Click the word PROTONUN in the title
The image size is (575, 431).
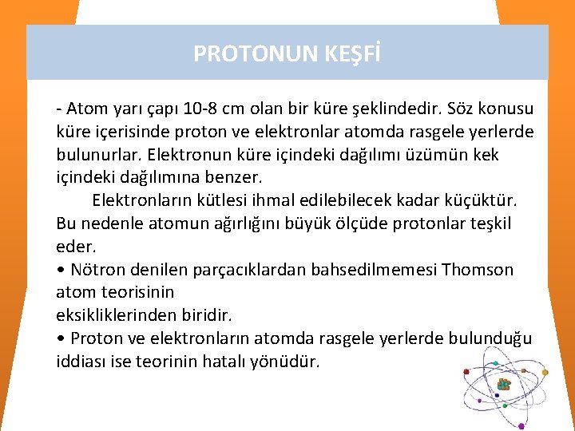244,53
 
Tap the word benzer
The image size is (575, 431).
239,176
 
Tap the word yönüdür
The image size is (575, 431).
291,362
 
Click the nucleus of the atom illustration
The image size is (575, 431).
503,386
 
